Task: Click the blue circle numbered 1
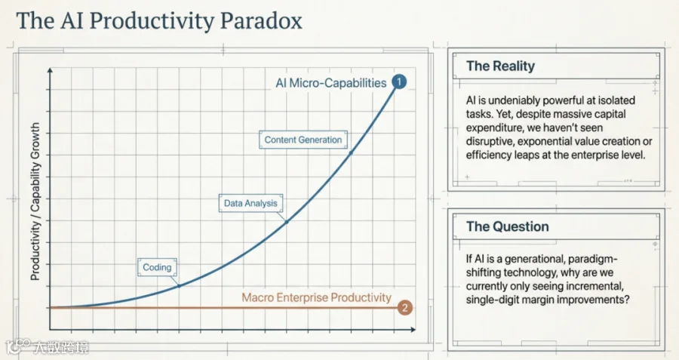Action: (399, 82)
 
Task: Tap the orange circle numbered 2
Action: (405, 308)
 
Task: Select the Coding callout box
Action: (157, 267)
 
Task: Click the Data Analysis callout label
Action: (250, 203)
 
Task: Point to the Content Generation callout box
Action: (303, 140)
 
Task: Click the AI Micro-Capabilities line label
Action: (331, 83)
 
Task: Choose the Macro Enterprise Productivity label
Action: (317, 297)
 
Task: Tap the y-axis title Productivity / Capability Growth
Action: (35, 201)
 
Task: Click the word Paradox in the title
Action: (261, 21)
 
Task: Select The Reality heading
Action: (501, 66)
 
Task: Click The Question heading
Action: (508, 226)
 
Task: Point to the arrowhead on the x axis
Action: (413, 330)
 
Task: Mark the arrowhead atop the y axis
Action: (51, 70)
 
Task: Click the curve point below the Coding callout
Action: (179, 286)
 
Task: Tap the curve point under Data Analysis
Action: (286, 222)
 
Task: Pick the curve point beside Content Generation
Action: (351, 153)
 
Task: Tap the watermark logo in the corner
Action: (17, 346)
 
